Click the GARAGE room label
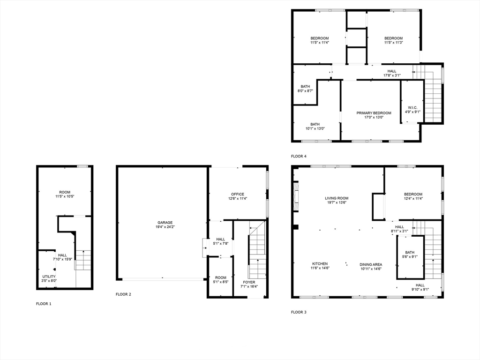165,223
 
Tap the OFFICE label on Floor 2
238,194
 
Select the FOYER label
249,282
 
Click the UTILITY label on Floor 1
49,277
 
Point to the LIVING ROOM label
337,198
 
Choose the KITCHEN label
320,264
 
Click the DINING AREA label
371,264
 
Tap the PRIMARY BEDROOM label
374,113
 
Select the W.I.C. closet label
412,108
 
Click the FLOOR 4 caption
299,156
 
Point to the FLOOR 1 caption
44,304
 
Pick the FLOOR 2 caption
123,294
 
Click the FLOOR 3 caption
299,312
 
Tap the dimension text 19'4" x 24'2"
165,227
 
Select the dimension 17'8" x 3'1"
392,75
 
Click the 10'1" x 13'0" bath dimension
315,128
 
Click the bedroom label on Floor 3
413,194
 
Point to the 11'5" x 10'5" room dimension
65,196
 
